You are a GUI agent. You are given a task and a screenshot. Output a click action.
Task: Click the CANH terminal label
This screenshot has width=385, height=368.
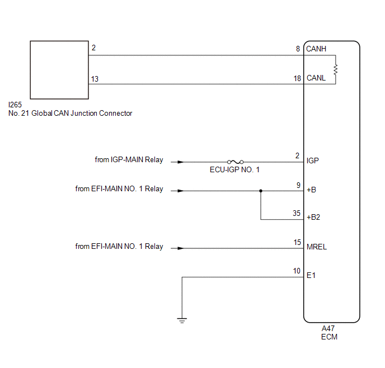[316, 49]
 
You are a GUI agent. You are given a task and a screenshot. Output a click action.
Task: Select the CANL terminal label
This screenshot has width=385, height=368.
[316, 78]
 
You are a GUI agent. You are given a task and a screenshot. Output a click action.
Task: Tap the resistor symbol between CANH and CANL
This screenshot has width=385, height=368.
[335, 69]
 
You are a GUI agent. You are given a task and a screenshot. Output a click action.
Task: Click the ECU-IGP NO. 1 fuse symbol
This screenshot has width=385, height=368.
[235, 162]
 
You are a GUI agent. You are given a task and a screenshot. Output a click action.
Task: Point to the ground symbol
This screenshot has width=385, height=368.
[182, 320]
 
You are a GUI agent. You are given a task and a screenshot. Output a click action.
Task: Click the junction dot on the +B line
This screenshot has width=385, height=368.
[261, 191]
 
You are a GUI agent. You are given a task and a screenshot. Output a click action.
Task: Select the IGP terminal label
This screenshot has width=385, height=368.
[313, 161]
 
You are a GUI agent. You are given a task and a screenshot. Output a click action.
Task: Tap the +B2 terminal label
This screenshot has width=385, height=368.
[313, 218]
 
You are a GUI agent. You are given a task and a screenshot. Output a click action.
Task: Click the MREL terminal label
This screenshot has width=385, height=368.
[317, 247]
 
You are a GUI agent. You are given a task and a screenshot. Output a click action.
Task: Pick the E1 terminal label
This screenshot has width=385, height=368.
[311, 276]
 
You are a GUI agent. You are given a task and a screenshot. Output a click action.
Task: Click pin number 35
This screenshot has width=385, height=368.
[297, 213]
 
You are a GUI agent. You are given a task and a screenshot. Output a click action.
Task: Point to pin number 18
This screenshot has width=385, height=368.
[297, 78]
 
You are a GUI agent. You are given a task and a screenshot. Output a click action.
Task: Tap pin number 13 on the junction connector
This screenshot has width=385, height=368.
[95, 79]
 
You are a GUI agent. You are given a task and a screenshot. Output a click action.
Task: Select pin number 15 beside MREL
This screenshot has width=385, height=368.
[297, 242]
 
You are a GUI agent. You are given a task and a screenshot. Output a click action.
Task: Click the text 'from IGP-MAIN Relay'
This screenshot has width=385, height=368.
[129, 160]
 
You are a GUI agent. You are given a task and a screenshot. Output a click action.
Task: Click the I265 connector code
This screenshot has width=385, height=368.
[15, 105]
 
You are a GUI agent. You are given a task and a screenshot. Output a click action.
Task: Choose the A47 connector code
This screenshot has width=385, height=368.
[328, 328]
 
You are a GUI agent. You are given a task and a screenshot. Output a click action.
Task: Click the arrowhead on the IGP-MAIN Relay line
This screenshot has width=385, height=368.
[180, 162]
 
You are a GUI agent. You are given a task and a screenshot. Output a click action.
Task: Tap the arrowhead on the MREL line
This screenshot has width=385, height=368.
[180, 248]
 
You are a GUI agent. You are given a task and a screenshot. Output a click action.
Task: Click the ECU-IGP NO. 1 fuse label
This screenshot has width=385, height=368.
[234, 170]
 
